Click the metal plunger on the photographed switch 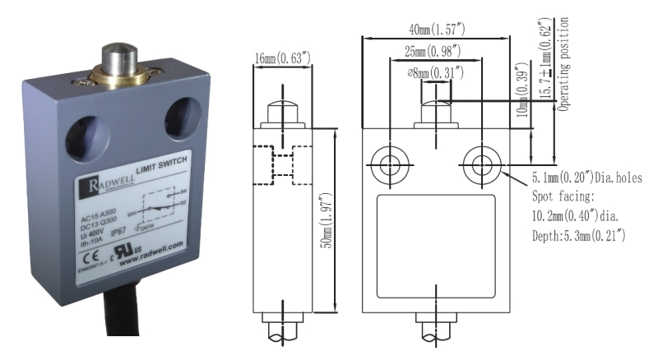(117, 62)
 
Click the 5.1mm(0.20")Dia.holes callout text (586, 178)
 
